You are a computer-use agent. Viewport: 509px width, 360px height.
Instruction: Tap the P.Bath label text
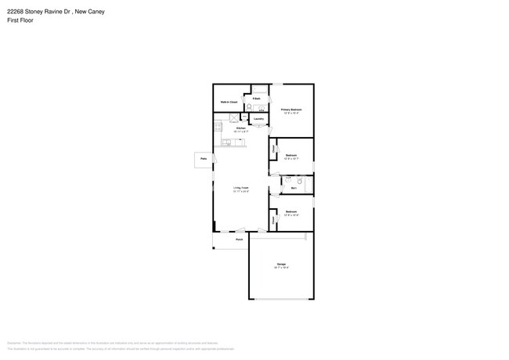point(256,99)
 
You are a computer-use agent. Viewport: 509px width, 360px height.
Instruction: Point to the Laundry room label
point(258,119)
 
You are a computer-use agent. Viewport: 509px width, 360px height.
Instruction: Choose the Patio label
point(204,159)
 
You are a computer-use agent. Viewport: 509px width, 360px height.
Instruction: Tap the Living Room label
point(240,188)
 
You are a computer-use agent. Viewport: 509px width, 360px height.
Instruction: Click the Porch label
point(239,239)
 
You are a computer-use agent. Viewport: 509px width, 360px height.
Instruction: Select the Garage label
point(281,265)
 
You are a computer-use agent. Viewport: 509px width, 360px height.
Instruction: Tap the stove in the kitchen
point(222,124)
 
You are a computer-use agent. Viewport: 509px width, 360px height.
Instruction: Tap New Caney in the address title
point(88,12)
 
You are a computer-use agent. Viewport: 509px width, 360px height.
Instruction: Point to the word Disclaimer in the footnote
point(14,343)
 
